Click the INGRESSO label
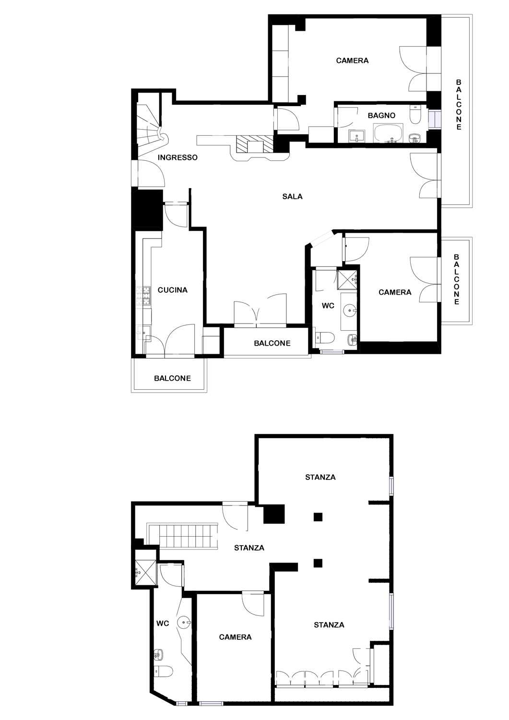178,157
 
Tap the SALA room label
293,196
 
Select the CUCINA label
173,290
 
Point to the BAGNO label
381,115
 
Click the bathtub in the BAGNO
388,133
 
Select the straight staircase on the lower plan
182,534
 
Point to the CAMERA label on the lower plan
235,637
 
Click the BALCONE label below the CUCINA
173,378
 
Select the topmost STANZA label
320,477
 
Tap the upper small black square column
318,517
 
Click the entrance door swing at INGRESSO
151,173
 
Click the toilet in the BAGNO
415,115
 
